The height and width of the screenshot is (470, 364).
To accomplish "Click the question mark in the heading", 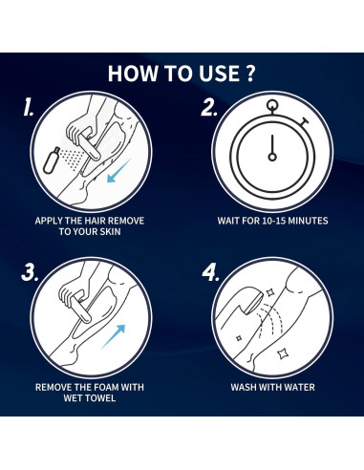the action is click(250, 74).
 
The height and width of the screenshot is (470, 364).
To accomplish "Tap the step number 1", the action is click(29, 107).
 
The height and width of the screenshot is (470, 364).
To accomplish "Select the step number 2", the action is click(209, 107).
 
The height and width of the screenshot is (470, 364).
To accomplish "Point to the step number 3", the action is click(30, 272).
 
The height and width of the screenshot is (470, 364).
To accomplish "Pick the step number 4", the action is click(211, 272).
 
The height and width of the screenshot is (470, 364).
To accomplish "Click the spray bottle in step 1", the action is click(52, 160).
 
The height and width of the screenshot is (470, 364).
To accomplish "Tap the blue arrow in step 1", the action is click(118, 171).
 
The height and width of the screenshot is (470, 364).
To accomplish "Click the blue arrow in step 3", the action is click(114, 336).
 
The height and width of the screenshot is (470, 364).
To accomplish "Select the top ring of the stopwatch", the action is click(272, 104).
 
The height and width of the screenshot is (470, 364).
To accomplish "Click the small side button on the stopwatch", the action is click(304, 122).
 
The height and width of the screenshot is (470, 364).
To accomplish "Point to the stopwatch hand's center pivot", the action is click(272, 157).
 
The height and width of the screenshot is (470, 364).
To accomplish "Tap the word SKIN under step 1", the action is click(110, 231).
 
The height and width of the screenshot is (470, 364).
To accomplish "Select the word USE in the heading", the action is click(220, 74).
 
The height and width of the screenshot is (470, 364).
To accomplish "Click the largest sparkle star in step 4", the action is click(281, 353).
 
